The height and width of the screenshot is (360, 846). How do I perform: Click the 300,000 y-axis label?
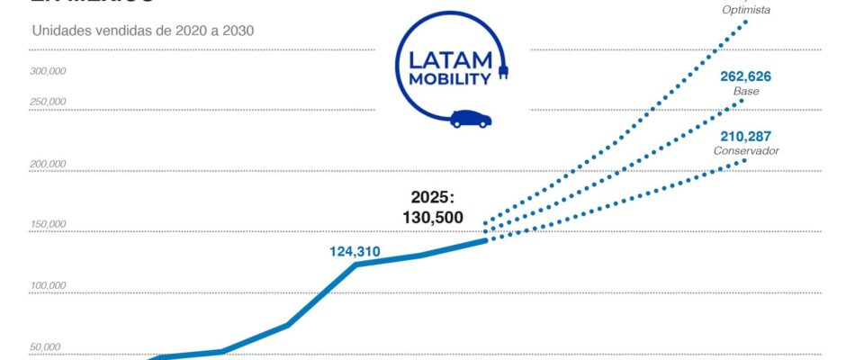pos(47,70)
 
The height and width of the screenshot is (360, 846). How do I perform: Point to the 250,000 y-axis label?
pos(47,102)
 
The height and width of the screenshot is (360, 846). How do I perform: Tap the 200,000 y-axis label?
pos(47,165)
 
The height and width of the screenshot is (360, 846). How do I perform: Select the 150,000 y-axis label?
pos(47,224)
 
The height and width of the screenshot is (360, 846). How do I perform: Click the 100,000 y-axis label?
pos(47,286)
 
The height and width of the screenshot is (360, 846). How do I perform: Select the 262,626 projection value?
pos(745,76)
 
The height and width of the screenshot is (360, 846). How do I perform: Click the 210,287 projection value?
pos(745,136)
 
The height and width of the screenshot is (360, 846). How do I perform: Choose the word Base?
pos(746,92)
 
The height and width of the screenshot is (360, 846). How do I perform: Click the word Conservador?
pos(746,150)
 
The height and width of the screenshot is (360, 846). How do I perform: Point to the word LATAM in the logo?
pos(450,60)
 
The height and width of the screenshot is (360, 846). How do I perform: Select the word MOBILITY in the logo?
pos(450,78)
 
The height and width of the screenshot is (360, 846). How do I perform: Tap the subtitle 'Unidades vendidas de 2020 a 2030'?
pos(143,30)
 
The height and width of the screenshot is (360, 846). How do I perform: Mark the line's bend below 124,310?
pos(355,265)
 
